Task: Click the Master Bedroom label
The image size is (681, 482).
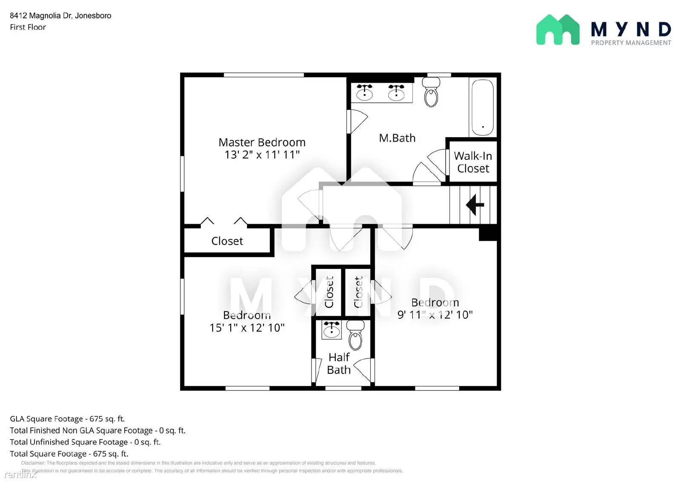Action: [x=262, y=142]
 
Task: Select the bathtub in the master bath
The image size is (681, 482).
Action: [x=483, y=107]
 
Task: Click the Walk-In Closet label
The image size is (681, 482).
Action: [x=473, y=162]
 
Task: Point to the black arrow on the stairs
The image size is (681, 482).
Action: [x=475, y=205]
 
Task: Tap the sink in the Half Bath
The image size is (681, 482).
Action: [x=332, y=330]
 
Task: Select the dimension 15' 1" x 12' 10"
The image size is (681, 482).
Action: [x=247, y=328]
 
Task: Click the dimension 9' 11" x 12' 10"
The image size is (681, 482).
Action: [x=435, y=315]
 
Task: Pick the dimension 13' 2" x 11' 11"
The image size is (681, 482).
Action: [x=262, y=155]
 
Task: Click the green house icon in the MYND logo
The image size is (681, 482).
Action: [x=558, y=30]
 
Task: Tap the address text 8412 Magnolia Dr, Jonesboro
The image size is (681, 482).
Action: [x=60, y=16]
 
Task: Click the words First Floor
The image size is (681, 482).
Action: [x=28, y=27]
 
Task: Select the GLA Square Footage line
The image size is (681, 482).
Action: [x=67, y=419]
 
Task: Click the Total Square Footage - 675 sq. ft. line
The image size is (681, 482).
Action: [x=69, y=454]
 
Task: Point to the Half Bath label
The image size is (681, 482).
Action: [x=339, y=364]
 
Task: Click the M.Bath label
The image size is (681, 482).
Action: [x=397, y=138]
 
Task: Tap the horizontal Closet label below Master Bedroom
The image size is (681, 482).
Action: [x=227, y=241]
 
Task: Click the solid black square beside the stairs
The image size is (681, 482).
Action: [x=488, y=234]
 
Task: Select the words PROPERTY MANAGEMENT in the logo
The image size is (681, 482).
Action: [x=631, y=43]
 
